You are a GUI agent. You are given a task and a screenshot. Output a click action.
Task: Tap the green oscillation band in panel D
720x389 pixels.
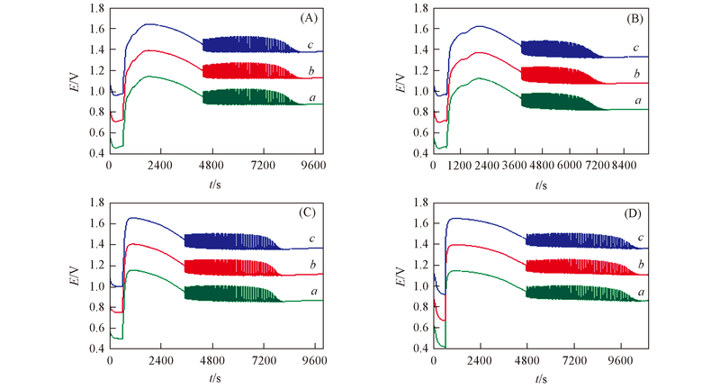click(x=576, y=293)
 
